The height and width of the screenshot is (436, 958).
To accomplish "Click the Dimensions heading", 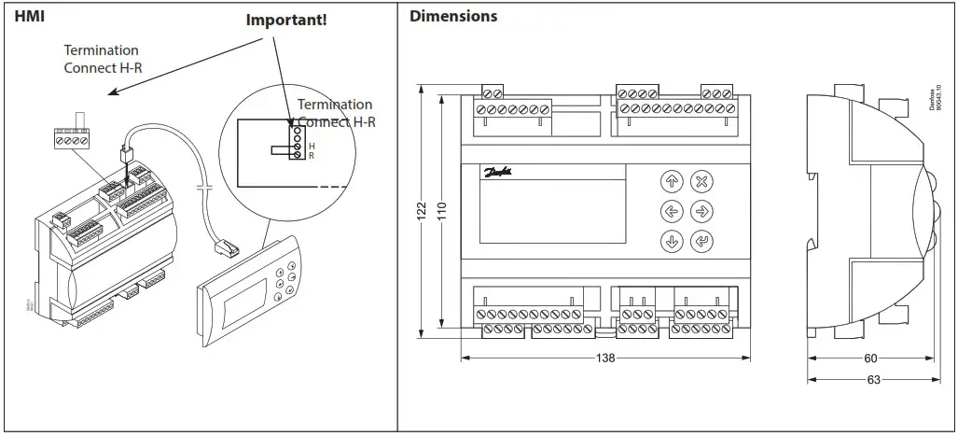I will [453, 16].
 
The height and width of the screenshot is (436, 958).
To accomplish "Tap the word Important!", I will [286, 20].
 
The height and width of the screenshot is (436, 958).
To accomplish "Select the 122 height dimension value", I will [421, 212].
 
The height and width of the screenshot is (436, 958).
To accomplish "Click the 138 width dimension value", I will [604, 358].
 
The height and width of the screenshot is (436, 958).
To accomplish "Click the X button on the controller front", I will [701, 180].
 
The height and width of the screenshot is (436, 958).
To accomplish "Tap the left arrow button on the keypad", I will [671, 211].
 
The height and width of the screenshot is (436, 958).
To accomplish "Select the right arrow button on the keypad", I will [701, 211].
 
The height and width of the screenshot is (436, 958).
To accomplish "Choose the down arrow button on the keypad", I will [671, 242].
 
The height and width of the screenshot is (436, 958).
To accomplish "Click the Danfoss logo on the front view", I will [497, 173].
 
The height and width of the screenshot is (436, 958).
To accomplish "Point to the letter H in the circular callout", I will [312, 147].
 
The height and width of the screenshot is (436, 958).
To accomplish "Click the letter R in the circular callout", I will [312, 156].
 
